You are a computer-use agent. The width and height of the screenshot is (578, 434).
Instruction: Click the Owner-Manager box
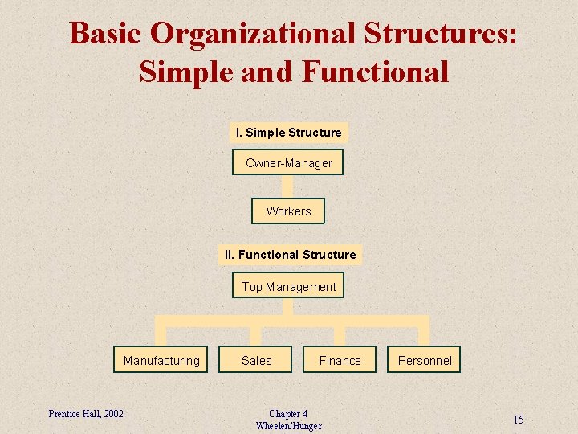click(288, 162)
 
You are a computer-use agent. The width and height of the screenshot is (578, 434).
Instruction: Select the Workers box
click(288, 211)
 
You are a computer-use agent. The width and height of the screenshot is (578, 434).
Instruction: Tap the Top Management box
click(288, 286)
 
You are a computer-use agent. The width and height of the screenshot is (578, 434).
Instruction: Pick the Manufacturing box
click(161, 360)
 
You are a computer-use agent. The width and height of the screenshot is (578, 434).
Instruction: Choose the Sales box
click(257, 360)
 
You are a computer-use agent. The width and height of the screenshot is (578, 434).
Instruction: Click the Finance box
click(340, 360)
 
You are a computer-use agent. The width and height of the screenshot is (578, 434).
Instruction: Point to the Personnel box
click(425, 360)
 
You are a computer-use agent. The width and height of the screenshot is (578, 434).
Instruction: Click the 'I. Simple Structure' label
click(288, 133)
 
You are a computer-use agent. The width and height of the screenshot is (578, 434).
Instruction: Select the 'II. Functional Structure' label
click(290, 255)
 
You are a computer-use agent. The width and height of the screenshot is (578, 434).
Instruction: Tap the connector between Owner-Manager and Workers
click(288, 186)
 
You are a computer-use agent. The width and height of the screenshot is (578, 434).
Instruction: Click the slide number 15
click(519, 420)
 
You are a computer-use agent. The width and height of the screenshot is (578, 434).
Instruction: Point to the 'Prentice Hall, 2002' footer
click(86, 413)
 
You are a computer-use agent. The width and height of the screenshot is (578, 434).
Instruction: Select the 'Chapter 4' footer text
click(288, 413)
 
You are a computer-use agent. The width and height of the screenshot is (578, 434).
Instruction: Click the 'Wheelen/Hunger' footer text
click(288, 426)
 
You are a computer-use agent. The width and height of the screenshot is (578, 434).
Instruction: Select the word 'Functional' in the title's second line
click(375, 72)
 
